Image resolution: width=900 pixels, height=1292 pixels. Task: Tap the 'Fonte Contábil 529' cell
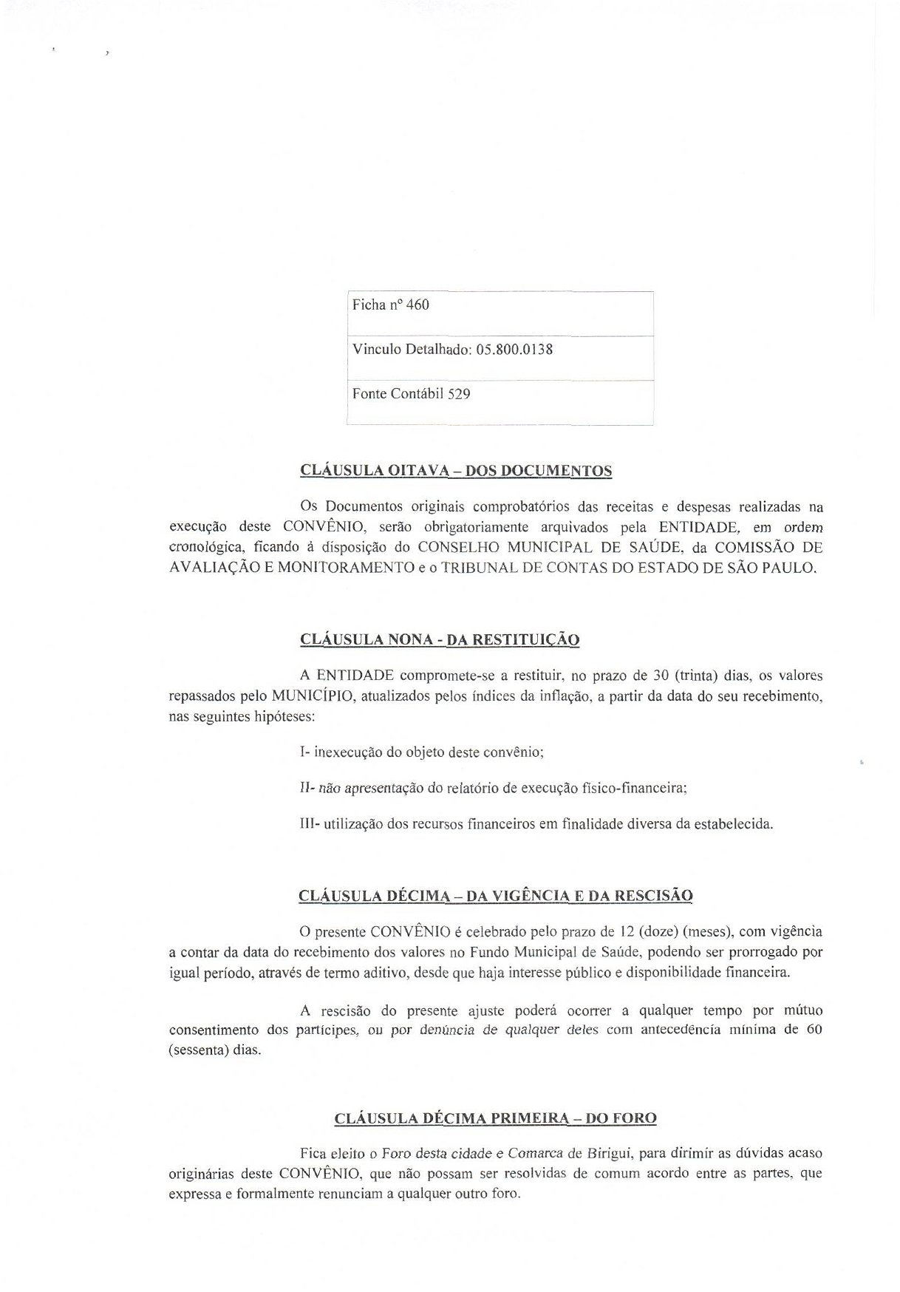[x=411, y=394]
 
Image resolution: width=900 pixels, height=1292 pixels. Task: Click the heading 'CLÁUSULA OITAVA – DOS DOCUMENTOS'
[x=456, y=471]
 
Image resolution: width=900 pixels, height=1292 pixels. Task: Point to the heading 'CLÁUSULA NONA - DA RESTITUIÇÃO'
[x=440, y=639]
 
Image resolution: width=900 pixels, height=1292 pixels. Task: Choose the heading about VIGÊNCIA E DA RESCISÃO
[x=495, y=896]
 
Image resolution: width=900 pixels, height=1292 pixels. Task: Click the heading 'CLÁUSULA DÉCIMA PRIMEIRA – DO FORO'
[x=495, y=1118]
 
